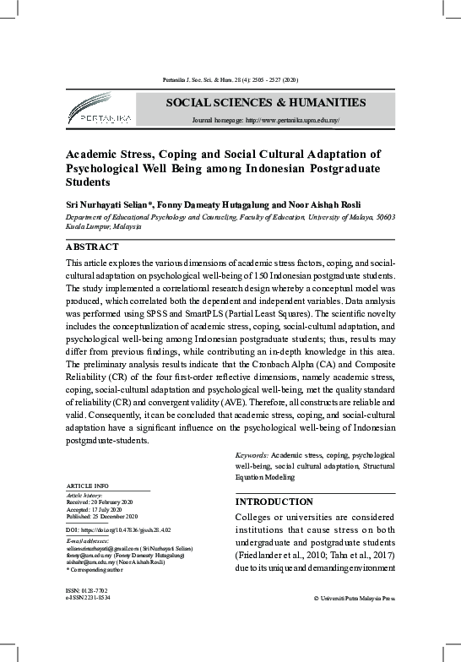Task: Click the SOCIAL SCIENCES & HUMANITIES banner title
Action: tap(266, 102)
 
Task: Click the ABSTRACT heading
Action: tap(93, 248)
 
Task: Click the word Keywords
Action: tap(252, 455)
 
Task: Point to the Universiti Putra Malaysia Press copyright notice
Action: tap(354, 598)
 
